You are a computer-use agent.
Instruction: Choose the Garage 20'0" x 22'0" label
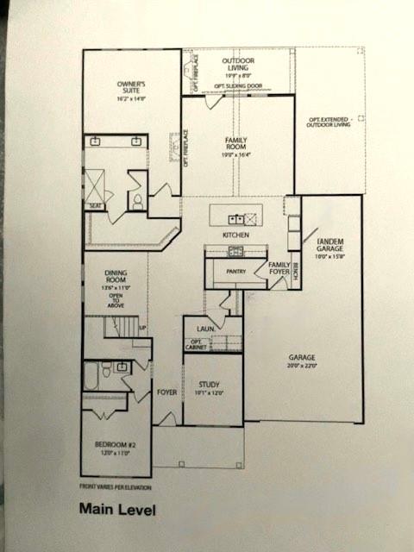pos(302,361)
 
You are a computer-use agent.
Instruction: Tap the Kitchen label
pos(235,235)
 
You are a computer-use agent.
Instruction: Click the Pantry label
pos(236,272)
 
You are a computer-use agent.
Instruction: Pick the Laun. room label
pos(205,329)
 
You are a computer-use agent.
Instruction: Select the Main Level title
pos(117,509)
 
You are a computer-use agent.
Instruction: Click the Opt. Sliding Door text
pos(239,86)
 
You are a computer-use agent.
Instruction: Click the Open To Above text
pos(116,299)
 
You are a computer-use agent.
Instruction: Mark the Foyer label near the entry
pos(166,392)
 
